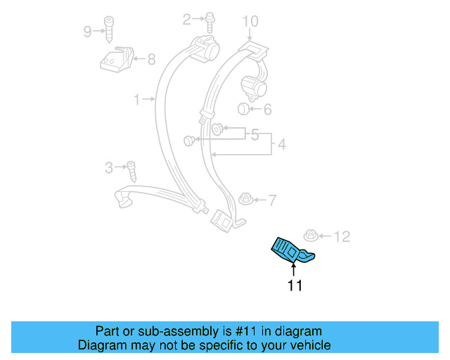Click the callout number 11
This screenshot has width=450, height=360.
click(x=294, y=285)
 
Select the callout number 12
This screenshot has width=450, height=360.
click(x=341, y=236)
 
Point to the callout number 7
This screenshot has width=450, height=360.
click(x=272, y=200)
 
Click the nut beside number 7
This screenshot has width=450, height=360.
click(x=247, y=198)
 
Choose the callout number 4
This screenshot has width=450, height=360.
click(x=281, y=145)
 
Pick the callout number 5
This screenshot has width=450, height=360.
click(x=255, y=134)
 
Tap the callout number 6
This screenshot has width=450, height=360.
click(x=266, y=109)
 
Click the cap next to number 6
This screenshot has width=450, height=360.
click(x=243, y=108)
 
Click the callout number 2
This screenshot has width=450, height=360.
click(x=187, y=20)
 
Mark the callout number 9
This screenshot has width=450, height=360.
click(x=87, y=31)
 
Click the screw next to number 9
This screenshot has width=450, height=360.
click(x=110, y=27)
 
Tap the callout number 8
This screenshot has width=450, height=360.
click(x=151, y=60)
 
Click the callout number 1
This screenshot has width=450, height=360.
click(x=137, y=100)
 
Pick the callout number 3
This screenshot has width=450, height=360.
click(x=108, y=167)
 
